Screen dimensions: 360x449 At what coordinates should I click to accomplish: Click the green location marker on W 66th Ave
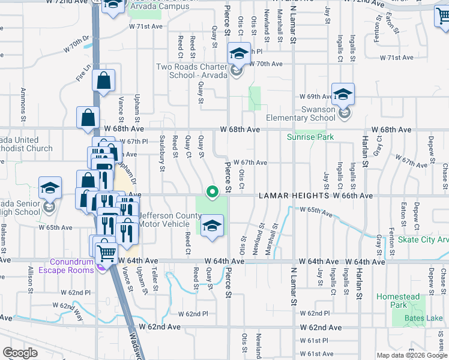click(x=211, y=192)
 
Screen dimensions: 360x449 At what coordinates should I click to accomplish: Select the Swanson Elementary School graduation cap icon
click(x=343, y=95)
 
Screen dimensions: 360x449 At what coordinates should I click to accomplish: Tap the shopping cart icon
click(x=106, y=254)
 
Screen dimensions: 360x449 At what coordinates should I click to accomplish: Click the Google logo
click(x=20, y=353)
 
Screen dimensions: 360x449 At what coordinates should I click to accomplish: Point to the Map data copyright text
click(x=411, y=355)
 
